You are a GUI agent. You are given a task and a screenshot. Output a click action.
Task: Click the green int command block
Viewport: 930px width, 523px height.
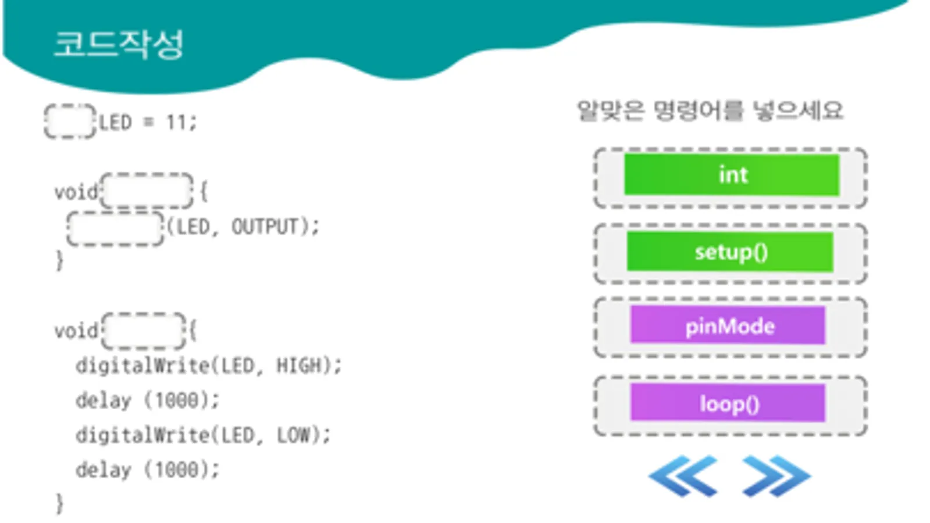pos(731,175)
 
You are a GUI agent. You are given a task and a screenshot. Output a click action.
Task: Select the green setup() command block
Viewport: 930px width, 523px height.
pos(730,252)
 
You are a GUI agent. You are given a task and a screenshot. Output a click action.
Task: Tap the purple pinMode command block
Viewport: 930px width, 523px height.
pos(728,326)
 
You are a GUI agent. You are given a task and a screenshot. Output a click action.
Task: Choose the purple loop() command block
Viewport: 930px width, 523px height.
pos(728,403)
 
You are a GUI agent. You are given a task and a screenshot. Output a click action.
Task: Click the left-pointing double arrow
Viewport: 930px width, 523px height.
pos(683,476)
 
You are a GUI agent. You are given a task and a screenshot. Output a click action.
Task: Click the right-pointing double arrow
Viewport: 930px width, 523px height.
pos(776,476)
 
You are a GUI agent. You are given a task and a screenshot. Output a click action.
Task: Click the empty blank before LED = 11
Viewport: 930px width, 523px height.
pos(70,121)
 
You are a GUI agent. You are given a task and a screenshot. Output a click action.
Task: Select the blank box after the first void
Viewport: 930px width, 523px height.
pos(147,191)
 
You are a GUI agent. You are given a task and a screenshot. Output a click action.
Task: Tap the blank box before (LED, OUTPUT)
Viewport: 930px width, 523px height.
pos(115,228)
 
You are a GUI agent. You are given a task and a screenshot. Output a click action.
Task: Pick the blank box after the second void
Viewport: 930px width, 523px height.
pos(144,331)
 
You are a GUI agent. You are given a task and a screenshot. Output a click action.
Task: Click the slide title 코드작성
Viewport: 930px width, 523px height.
pos(119,44)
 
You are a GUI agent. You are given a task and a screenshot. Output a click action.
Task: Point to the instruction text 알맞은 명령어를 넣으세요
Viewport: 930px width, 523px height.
pos(709,110)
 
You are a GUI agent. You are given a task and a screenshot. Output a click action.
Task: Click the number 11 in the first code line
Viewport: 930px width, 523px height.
pos(176,123)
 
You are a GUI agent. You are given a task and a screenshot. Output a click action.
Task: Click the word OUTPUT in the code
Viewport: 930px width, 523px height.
pos(265,227)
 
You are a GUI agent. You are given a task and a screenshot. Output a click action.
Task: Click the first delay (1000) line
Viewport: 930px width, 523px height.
pos(147,400)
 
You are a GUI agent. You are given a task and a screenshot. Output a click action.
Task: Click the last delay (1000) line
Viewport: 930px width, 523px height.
pos(147,470)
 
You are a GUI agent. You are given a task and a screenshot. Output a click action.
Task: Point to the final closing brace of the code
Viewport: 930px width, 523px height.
pos(59,503)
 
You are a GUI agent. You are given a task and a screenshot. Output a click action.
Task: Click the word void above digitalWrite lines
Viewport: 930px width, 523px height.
pos(76,331)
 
